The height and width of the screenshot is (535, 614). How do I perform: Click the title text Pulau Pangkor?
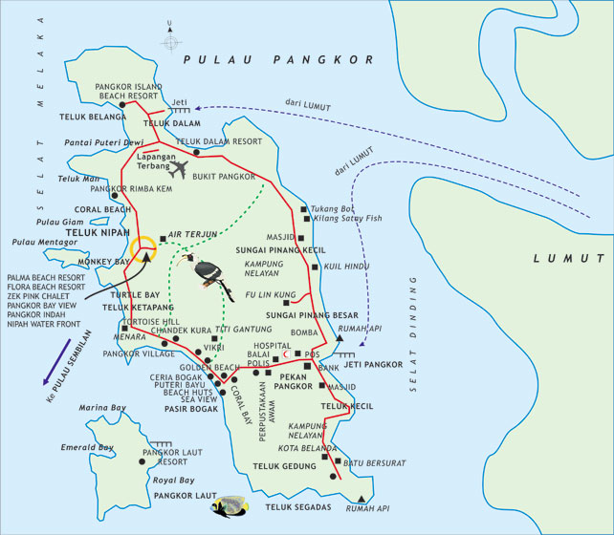coord(278,59)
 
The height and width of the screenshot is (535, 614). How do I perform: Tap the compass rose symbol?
coord(171,43)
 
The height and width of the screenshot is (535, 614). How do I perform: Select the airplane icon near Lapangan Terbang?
coord(178,169)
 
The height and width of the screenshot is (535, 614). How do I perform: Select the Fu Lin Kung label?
coord(271,295)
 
